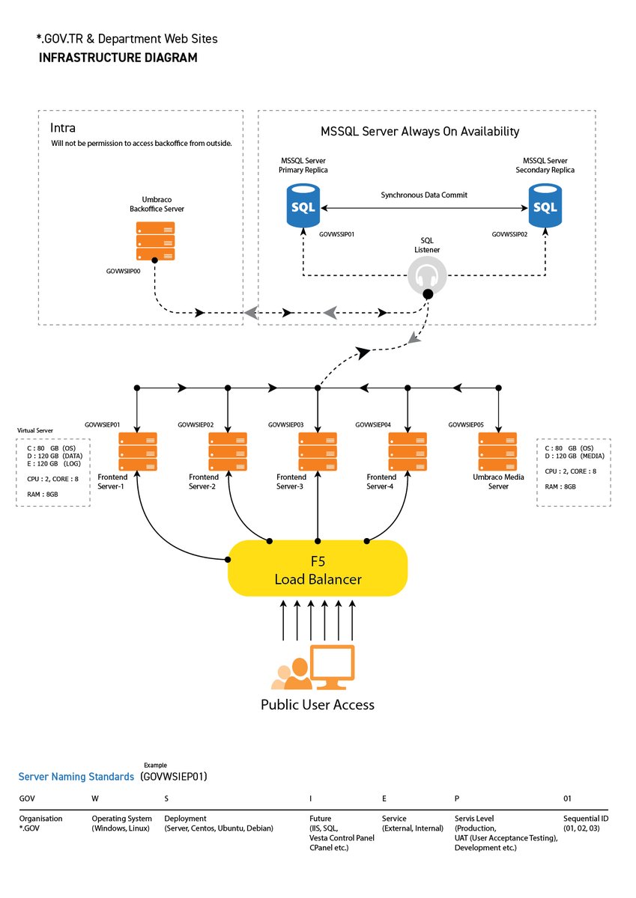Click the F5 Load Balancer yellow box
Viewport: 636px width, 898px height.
click(x=317, y=569)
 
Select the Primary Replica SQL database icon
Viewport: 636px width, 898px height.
click(x=303, y=206)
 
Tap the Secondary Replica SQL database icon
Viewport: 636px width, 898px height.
click(x=545, y=206)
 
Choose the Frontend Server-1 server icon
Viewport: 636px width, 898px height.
click(x=138, y=450)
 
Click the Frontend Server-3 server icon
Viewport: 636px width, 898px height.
click(x=318, y=450)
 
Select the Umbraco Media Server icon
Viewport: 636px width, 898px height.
click(x=497, y=450)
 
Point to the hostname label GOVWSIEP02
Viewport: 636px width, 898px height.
click(x=196, y=425)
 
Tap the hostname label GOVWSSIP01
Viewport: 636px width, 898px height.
click(x=336, y=234)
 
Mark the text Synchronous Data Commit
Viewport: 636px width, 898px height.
click(x=423, y=195)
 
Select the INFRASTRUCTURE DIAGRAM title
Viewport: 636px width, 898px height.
click(x=118, y=58)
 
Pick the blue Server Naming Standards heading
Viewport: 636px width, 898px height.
click(x=76, y=777)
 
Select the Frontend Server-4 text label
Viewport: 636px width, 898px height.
click(x=381, y=482)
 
